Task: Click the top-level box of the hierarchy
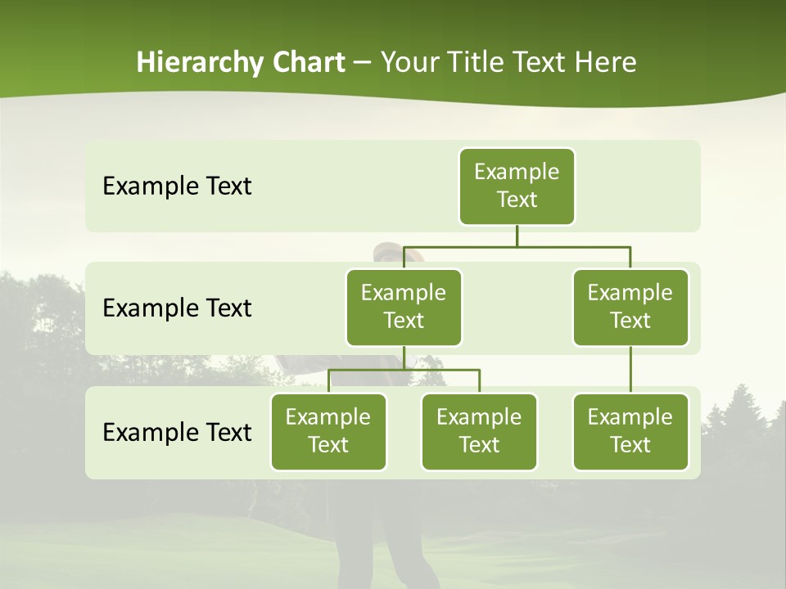point(517,187)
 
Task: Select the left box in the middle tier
point(404,308)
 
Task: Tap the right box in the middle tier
point(630,308)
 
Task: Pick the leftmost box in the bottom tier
point(328,432)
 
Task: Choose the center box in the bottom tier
point(479,432)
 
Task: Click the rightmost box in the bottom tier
point(630,432)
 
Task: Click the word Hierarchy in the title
point(199,63)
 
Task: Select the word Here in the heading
point(605,62)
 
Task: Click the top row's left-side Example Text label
point(177,187)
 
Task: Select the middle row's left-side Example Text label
point(177,308)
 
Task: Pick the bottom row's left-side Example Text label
point(177,432)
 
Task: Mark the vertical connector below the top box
point(517,236)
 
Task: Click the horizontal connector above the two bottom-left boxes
point(404,370)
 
